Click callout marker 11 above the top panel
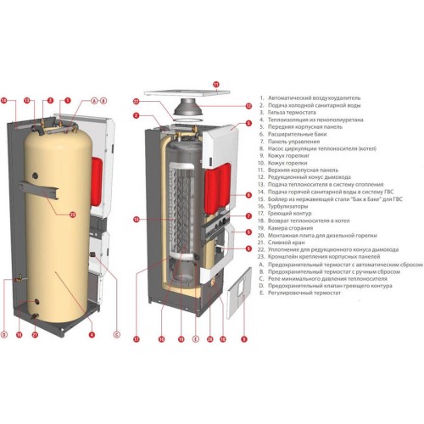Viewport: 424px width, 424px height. coord(215,84)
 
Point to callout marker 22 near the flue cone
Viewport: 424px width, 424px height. coord(136,102)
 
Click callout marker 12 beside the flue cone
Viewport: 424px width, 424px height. coord(248,106)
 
